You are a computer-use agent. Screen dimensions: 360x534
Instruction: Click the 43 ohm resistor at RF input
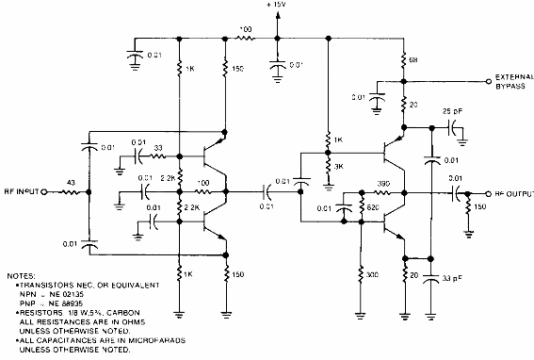(x=70, y=192)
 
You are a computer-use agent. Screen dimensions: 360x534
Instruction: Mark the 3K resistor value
(x=338, y=167)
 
